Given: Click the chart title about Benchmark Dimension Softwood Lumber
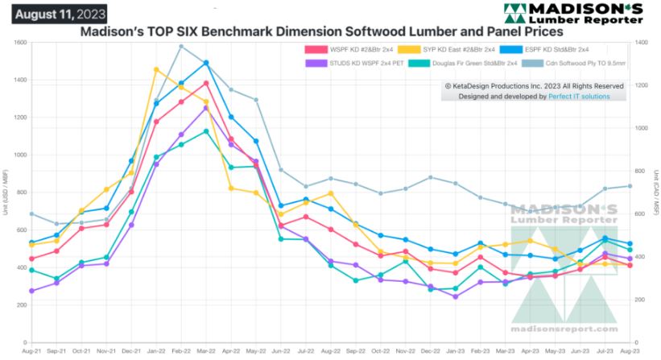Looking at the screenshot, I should pyautogui.click(x=320, y=32).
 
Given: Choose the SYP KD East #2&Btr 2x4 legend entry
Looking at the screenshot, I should pyautogui.click(x=454, y=49).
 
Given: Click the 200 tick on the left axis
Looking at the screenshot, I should pyautogui.click(x=23, y=305).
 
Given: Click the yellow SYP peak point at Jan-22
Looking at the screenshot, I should pyautogui.click(x=155, y=69).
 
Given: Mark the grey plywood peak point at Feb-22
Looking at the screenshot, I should pyautogui.click(x=180, y=46).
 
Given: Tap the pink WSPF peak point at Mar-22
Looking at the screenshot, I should pyautogui.click(x=206, y=83).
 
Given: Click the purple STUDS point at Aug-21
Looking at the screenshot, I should pyautogui.click(x=31, y=291).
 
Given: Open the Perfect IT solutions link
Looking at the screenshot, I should pyautogui.click(x=579, y=96).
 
